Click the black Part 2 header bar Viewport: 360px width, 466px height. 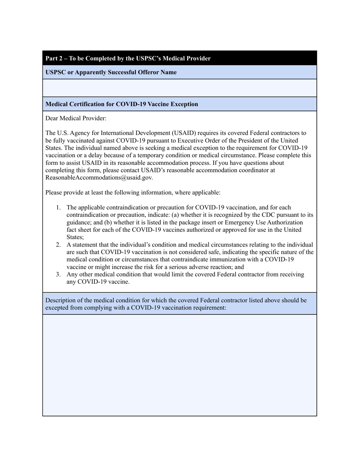(x=179, y=58)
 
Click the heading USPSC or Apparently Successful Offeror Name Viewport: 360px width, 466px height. (x=111, y=72)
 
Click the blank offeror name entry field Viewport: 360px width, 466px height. (x=179, y=88)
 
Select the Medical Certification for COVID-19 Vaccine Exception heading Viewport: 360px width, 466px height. (x=122, y=104)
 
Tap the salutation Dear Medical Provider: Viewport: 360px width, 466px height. (x=76, y=118)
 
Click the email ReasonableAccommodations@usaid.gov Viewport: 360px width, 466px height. (x=99, y=177)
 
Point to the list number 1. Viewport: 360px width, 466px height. (x=58, y=207)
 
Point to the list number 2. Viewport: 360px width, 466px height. (x=58, y=244)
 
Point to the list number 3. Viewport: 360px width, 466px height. (x=58, y=274)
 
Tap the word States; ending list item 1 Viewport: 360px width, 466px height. (x=75, y=237)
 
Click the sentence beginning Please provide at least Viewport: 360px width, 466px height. (x=133, y=192)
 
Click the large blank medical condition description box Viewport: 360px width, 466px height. (x=179, y=365)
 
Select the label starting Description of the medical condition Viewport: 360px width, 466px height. (x=176, y=304)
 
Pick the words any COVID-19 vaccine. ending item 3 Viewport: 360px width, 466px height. (x=98, y=281)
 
